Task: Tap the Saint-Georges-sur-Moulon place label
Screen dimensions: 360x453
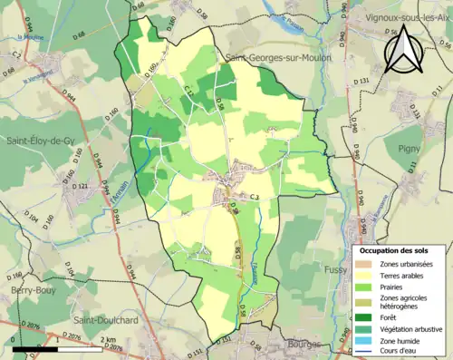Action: (x=277, y=57)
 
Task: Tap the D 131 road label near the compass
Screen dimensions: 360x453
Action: (x=362, y=82)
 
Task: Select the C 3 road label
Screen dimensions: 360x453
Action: (x=255, y=197)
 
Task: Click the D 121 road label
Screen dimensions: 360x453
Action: (x=80, y=188)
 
